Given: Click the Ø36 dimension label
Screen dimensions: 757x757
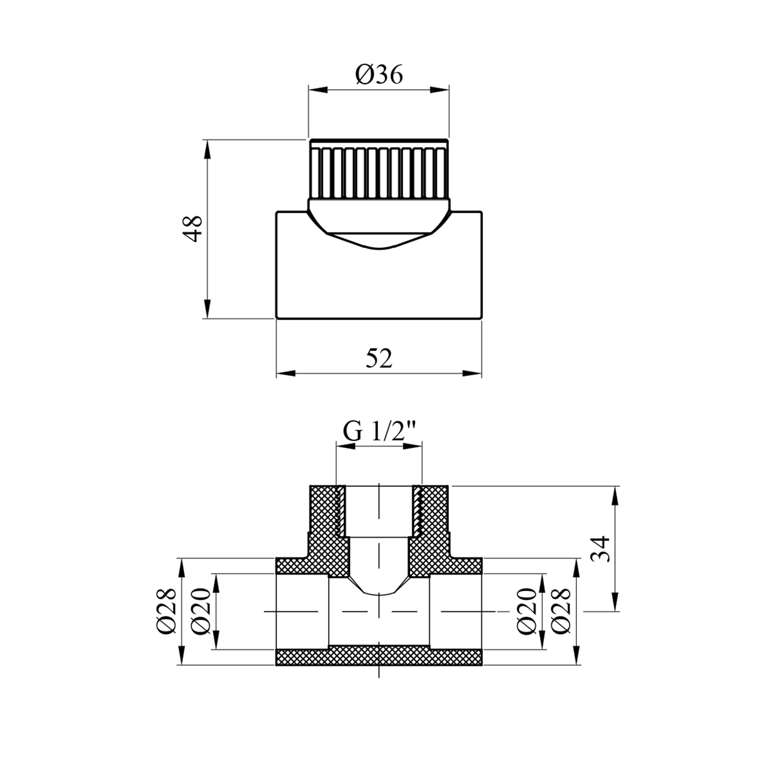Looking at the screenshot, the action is pyautogui.click(x=379, y=75).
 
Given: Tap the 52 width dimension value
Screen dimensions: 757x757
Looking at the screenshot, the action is pyautogui.click(x=379, y=359).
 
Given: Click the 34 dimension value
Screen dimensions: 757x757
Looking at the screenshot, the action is pyautogui.click(x=602, y=549).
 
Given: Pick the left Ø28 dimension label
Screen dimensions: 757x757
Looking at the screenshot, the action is pyautogui.click(x=167, y=611).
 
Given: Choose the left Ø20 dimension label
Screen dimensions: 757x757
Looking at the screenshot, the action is pyautogui.click(x=200, y=611).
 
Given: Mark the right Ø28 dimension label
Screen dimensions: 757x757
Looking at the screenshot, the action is pyautogui.click(x=561, y=611).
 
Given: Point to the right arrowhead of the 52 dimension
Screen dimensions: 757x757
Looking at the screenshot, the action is pyautogui.click(x=472, y=373).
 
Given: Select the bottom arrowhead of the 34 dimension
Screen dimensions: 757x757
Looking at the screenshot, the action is pyautogui.click(x=615, y=601).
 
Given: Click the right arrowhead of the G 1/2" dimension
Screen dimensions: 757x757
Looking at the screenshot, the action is pyautogui.click(x=413, y=446).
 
